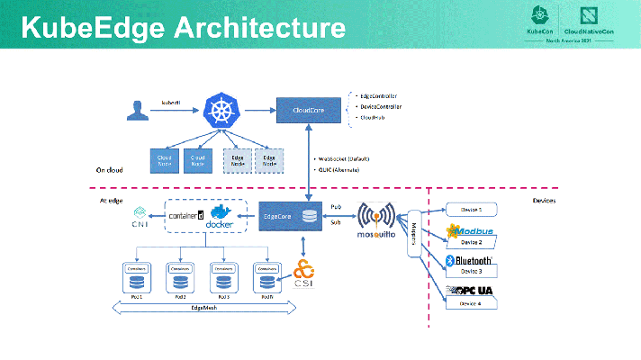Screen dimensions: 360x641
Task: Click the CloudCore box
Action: (309, 110)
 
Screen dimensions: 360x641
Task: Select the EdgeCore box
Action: (287, 216)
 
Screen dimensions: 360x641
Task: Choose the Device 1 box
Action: (471, 209)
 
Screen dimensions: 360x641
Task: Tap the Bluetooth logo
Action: (471, 261)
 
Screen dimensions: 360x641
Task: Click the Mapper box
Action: (415, 237)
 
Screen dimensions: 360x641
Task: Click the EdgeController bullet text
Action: (378, 95)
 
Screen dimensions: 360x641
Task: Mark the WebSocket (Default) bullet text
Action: (346, 158)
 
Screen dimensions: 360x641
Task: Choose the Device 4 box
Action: (471, 304)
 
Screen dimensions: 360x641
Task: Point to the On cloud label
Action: (109, 168)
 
